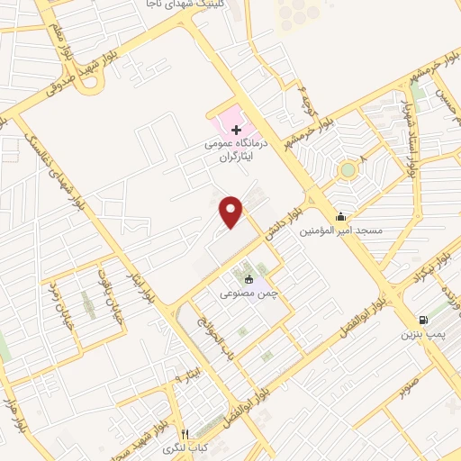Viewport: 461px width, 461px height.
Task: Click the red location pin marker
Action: point(232,210)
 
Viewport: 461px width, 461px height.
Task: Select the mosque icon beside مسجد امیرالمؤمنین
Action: point(340,216)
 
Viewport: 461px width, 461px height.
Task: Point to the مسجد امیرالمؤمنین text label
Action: point(346,230)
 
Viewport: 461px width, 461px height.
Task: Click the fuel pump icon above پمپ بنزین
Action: point(421,320)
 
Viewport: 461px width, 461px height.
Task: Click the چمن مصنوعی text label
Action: point(241,294)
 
